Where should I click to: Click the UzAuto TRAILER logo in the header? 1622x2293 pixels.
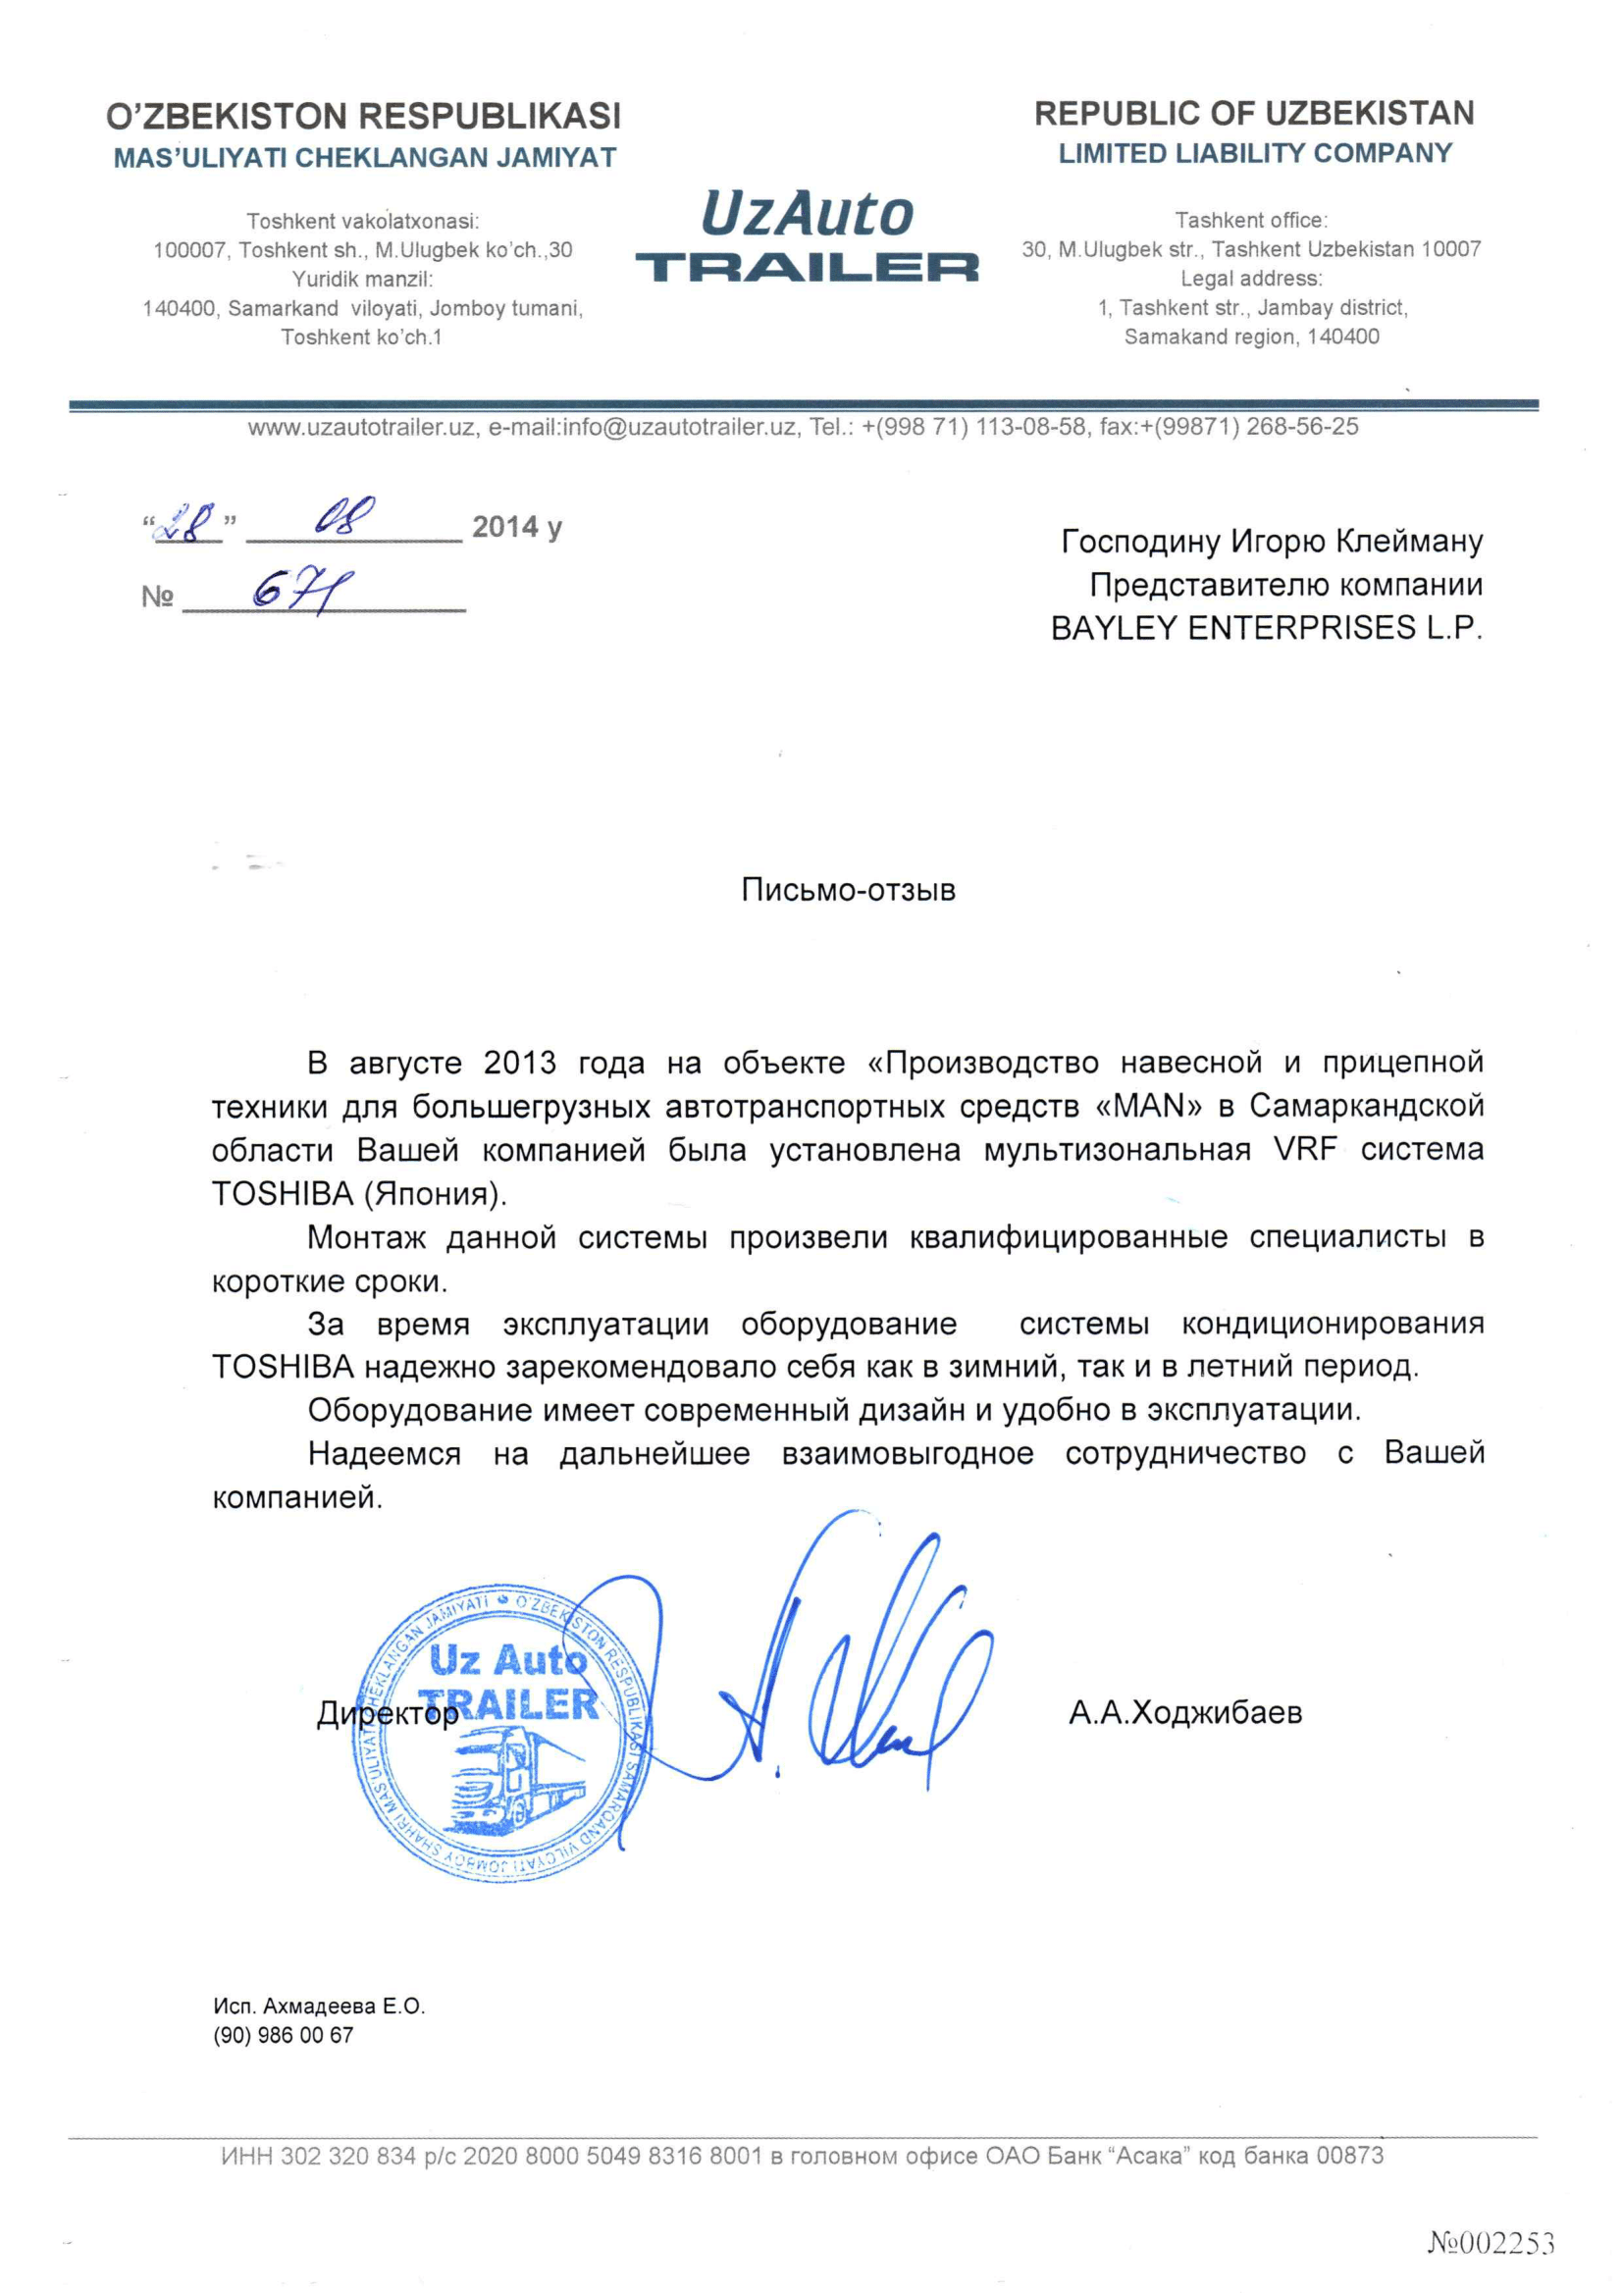click(807, 237)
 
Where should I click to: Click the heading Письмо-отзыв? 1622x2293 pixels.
click(848, 890)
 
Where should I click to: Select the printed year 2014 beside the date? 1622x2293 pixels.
click(505, 526)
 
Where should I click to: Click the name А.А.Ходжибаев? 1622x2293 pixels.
click(1185, 1714)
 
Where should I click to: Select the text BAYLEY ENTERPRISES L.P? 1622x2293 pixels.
click(1267, 628)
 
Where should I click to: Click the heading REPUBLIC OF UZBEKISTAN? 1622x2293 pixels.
click(1254, 114)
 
